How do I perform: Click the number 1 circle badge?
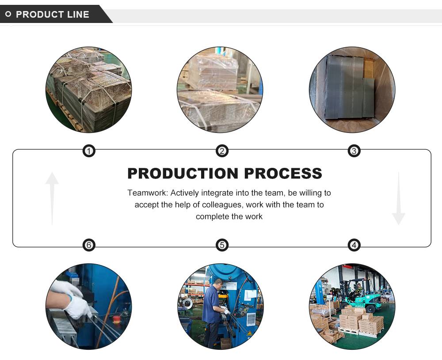89,152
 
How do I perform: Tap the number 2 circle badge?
222,152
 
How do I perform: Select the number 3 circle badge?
354,152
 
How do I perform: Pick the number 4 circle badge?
354,245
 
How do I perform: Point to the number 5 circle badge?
222,245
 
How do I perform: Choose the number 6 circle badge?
89,245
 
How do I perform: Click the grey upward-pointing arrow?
52,197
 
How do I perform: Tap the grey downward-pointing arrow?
398,199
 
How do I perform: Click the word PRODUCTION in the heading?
183,173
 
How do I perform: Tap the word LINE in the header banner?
78,15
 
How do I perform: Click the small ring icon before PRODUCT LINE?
8,15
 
